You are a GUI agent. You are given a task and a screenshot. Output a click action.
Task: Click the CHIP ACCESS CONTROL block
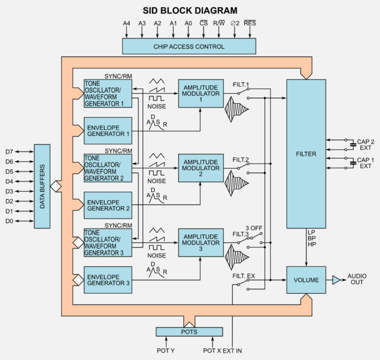coord(189,46)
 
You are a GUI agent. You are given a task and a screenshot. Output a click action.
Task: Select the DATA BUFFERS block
coord(42,186)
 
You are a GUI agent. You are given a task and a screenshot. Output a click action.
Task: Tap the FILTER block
coord(306,154)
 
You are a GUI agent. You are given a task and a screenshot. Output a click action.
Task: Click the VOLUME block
coord(306,279)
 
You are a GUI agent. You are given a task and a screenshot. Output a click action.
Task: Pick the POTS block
coord(189,332)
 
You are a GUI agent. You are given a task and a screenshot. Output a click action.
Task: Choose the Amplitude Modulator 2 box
coord(200,168)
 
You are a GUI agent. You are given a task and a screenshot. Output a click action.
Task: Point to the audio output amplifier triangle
coord(336,279)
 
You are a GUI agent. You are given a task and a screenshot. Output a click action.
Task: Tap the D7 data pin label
coord(9,152)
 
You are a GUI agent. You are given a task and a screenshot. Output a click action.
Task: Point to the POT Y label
coord(165,350)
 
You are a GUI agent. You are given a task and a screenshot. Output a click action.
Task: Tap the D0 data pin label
coord(9,221)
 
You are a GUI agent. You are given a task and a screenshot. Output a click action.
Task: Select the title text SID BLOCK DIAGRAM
coord(189,10)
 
